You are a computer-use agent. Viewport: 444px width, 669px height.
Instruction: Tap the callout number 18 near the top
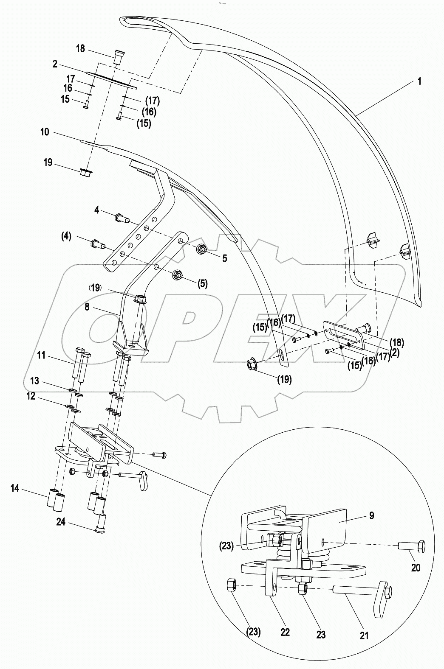(x=80, y=49)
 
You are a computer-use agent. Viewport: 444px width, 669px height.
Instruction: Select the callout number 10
(x=45, y=132)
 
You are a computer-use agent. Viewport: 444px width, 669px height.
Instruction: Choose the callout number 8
(x=87, y=307)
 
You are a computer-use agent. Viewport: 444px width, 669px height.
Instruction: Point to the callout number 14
(x=15, y=489)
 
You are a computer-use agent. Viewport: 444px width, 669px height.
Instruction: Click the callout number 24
(x=61, y=522)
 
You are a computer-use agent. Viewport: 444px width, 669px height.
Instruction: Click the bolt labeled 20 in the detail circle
(x=411, y=547)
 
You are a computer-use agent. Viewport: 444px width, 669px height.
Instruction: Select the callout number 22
(x=285, y=632)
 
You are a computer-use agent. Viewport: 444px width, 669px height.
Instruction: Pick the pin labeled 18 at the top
(x=120, y=56)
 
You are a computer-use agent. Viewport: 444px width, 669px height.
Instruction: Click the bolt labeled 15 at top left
(x=86, y=104)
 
